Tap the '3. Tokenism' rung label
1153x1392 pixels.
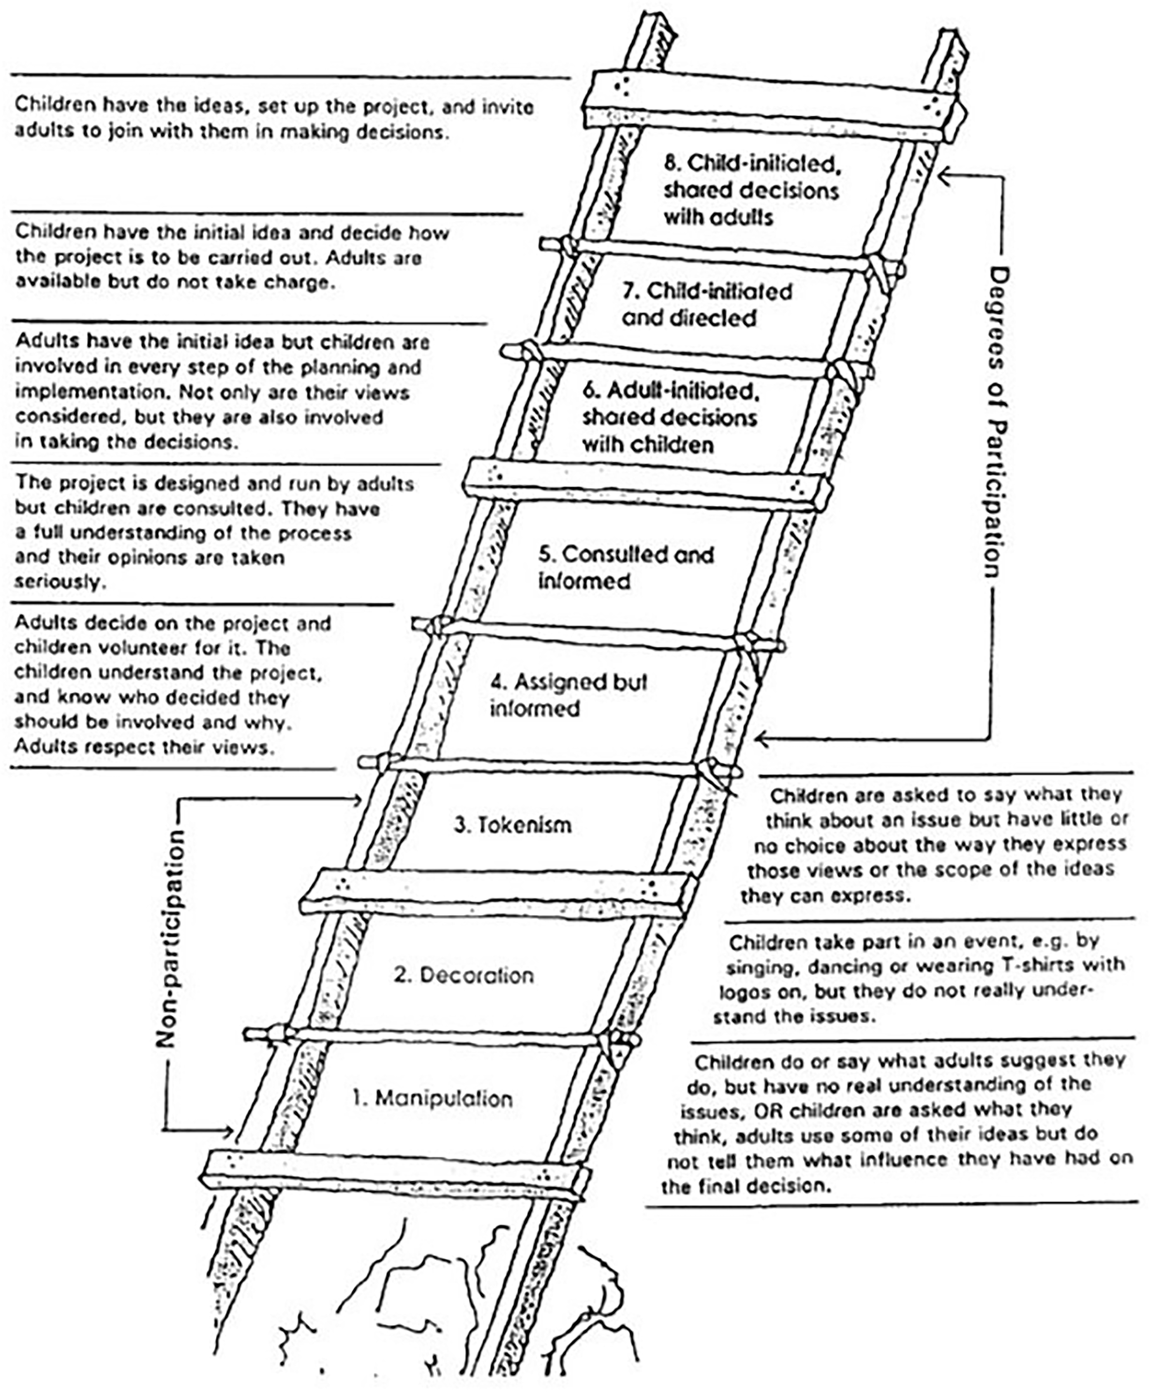tap(512, 825)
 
